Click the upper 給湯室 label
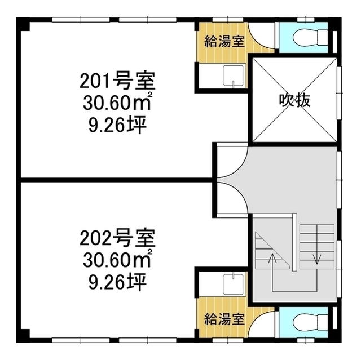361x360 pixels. pos(224,41)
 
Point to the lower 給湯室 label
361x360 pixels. pos(224,318)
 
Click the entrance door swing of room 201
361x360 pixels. pos(231,161)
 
